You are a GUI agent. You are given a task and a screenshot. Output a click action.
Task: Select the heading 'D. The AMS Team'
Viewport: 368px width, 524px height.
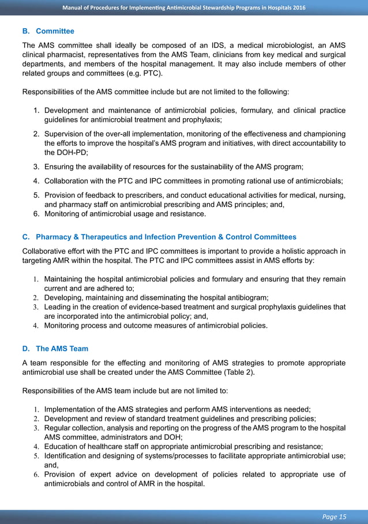tap(55, 349)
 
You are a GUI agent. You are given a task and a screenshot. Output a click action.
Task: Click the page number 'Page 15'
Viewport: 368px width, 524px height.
tap(335, 517)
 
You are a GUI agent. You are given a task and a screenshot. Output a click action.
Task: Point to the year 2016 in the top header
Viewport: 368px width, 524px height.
tap(298, 7)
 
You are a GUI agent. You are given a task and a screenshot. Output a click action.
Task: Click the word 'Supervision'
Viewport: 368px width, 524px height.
tap(66, 133)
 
